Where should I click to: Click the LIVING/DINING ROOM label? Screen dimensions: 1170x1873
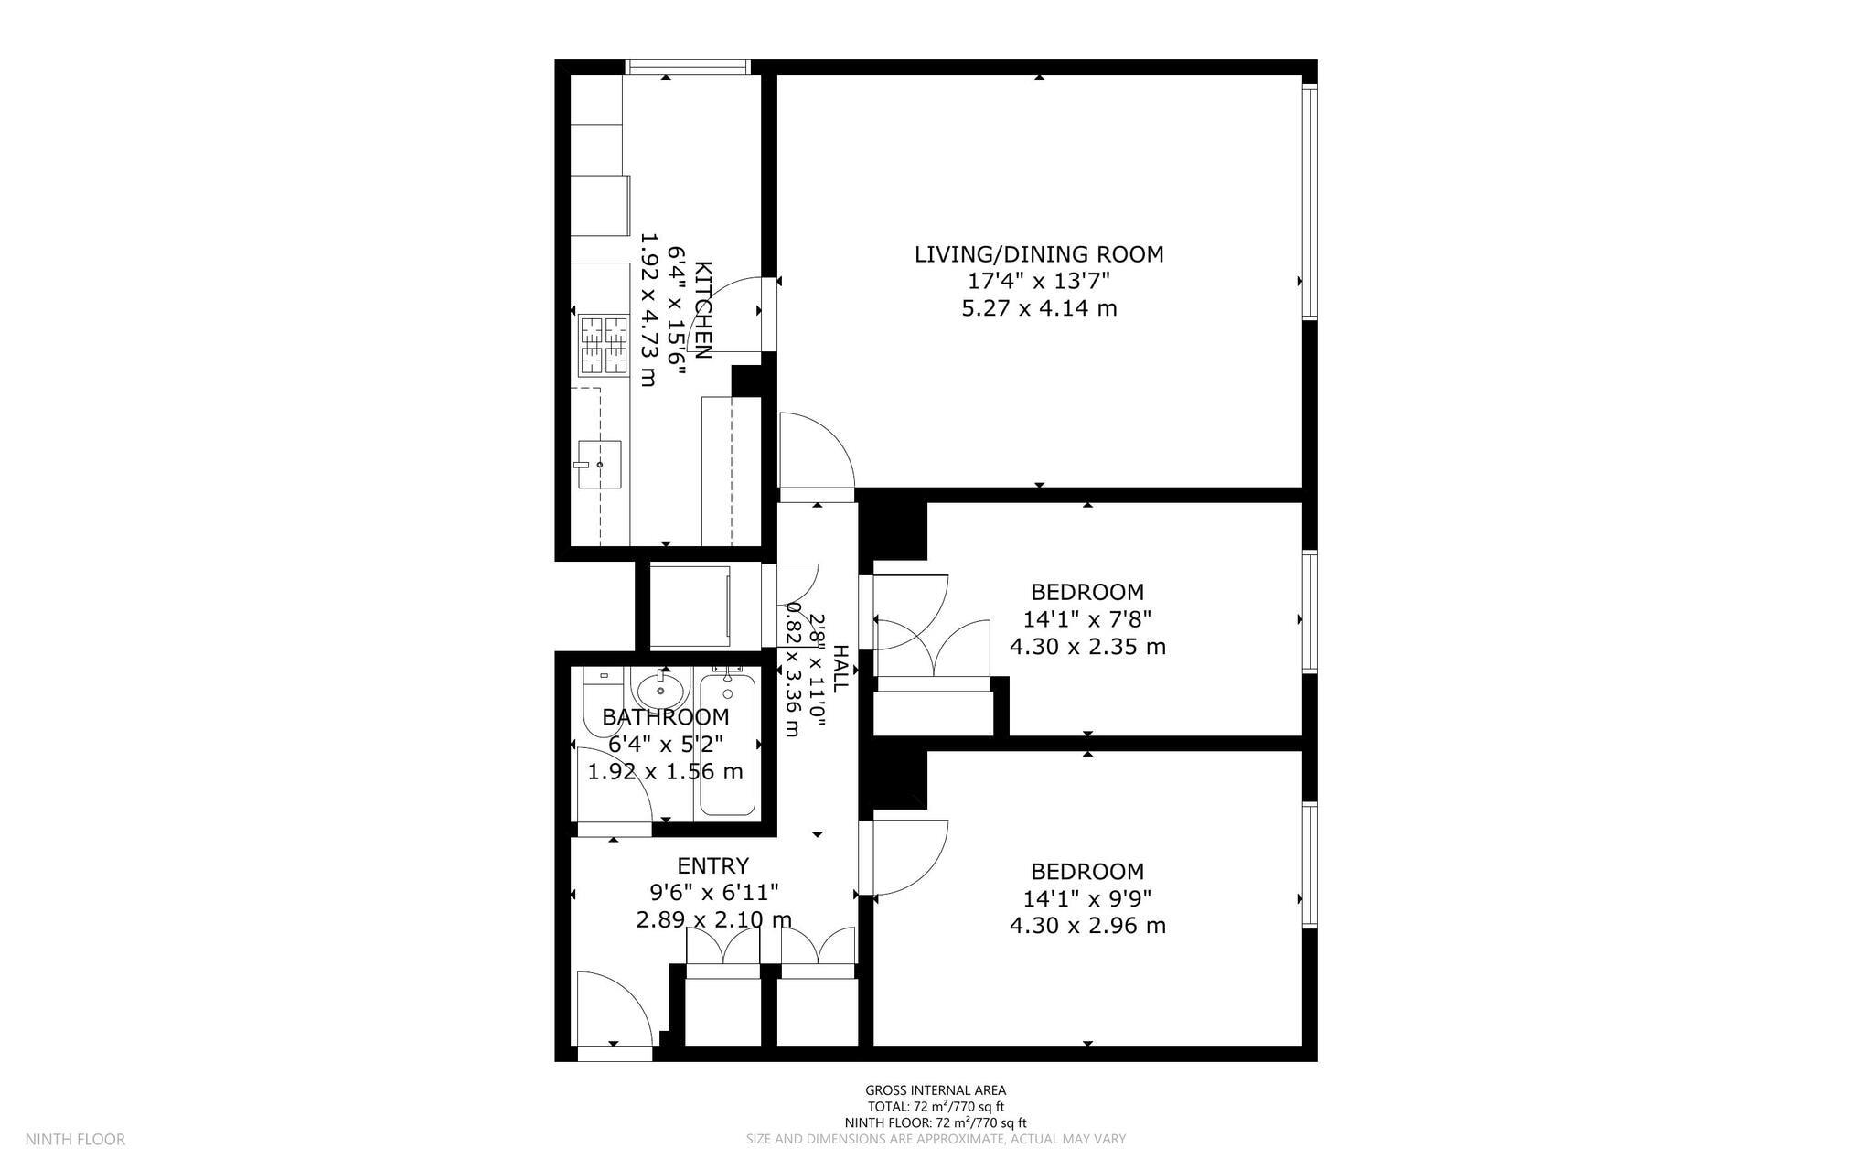click(x=1039, y=254)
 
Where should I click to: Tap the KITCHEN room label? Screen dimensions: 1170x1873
click(x=702, y=310)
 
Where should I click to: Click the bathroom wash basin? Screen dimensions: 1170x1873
click(x=660, y=688)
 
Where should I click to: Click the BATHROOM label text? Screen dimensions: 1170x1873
click(x=665, y=717)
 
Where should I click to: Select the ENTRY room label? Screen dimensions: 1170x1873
click(x=712, y=865)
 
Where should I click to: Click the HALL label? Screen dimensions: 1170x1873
click(x=840, y=668)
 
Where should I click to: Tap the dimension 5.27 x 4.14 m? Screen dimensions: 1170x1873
click(x=1039, y=308)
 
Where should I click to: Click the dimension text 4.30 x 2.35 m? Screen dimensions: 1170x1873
click(x=1087, y=647)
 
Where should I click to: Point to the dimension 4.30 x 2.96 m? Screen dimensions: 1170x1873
click(x=1087, y=926)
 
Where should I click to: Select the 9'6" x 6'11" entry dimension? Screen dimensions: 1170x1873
click(x=713, y=892)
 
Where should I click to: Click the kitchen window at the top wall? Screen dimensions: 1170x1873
click(x=688, y=67)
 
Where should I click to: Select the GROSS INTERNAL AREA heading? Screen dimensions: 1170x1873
click(x=936, y=1089)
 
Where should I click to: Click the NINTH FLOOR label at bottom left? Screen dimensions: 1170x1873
click(x=75, y=1139)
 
